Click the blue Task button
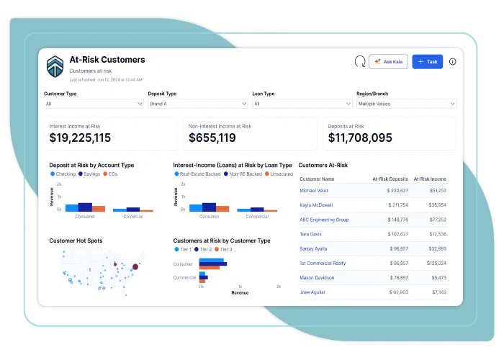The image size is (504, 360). coord(427,62)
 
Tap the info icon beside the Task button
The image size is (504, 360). coord(452,62)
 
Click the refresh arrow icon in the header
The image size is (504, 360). coord(360,62)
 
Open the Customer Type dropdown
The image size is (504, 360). coord(94,104)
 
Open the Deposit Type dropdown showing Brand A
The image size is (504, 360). coord(198,104)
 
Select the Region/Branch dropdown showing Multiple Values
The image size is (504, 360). coord(406,104)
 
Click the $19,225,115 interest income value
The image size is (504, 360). coord(80,138)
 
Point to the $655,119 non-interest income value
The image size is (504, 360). coord(212,138)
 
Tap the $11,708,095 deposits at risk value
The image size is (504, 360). coord(360,138)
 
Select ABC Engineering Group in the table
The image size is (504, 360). coord(324,220)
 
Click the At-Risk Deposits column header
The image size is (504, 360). coord(390,179)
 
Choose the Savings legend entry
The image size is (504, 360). coord(90,174)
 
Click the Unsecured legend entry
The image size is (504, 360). coord(281,174)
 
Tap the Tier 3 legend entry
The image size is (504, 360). coord(224,249)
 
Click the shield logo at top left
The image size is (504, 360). coord(55,66)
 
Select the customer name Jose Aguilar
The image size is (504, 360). coord(312,292)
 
